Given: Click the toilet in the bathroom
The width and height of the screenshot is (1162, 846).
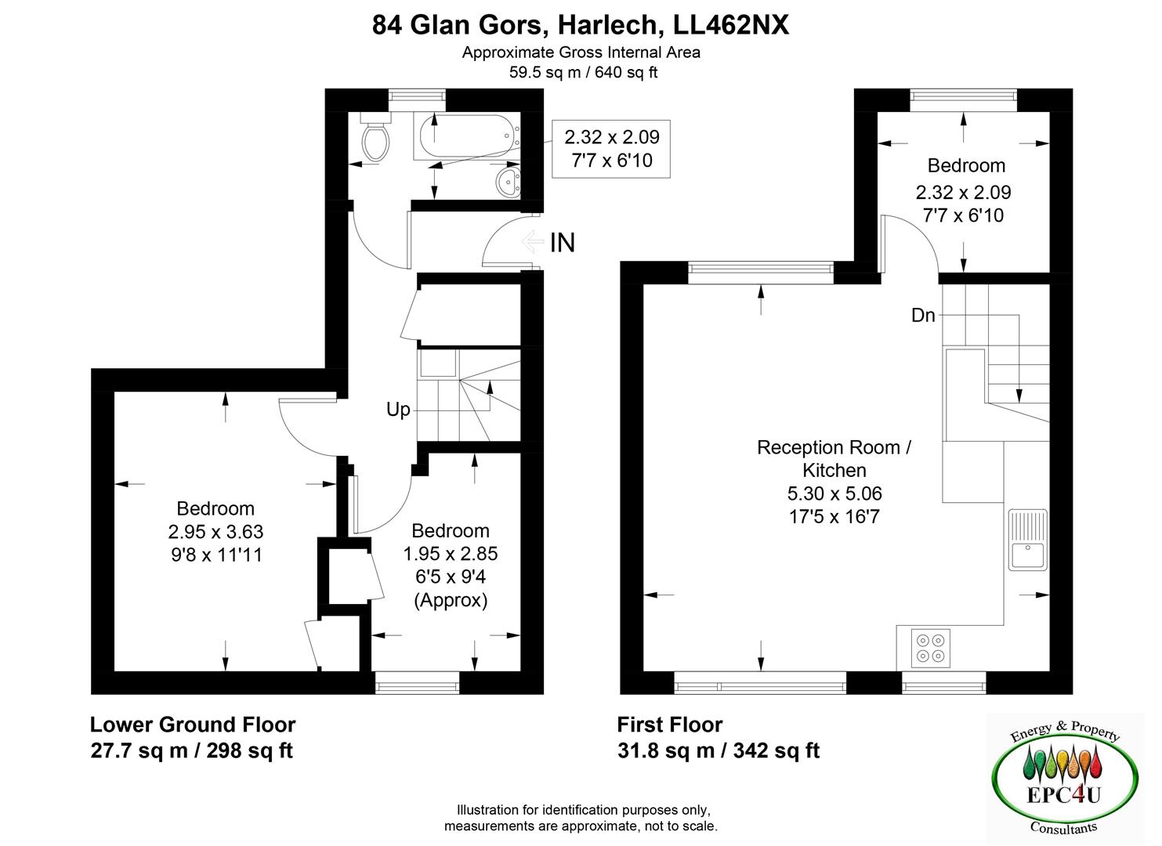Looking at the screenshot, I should [375, 139].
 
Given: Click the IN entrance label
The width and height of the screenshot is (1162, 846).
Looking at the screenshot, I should [563, 243].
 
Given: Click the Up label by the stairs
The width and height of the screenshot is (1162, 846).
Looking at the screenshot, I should [398, 410].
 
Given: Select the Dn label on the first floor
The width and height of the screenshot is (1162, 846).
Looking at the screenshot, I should [923, 316].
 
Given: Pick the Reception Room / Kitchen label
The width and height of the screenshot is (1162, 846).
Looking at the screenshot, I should [834, 459].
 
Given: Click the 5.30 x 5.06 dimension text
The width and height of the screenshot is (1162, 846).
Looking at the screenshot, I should [834, 493].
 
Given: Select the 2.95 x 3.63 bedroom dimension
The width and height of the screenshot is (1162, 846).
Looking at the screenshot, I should [215, 532].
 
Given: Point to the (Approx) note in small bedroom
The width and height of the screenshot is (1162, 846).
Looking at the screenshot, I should [451, 600].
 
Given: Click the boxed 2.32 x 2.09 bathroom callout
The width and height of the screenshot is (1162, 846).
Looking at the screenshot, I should [612, 149].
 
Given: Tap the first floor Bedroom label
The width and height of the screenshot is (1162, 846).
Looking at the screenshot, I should [966, 165].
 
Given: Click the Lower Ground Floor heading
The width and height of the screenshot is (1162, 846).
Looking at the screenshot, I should [193, 725].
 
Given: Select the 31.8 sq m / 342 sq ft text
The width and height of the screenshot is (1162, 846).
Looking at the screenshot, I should [718, 750].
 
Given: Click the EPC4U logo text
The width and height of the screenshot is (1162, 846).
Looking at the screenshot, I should [1063, 794].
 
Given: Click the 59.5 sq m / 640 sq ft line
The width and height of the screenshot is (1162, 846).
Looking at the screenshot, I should [581, 72].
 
